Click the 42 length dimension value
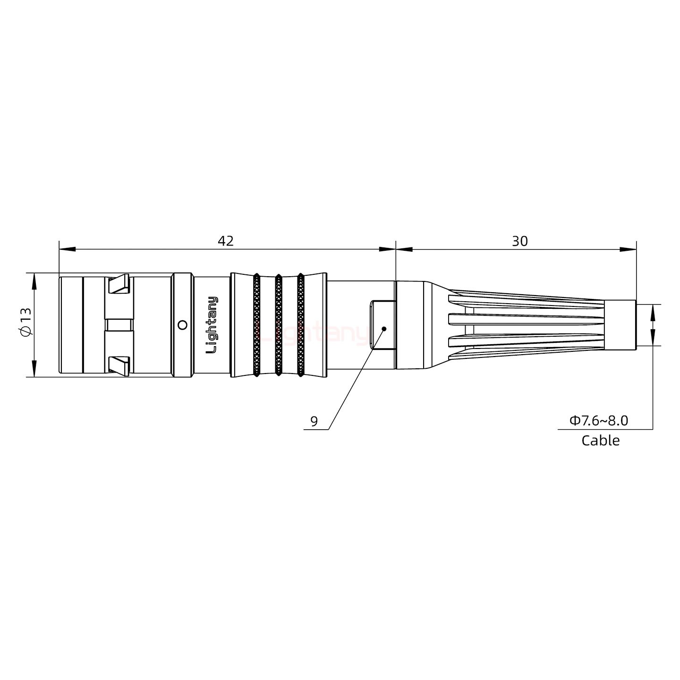point(225,241)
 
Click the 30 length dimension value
point(519,241)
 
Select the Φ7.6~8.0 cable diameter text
point(598,420)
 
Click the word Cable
point(600,441)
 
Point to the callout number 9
point(314,421)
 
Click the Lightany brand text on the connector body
point(213,325)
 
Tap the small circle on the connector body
point(182,324)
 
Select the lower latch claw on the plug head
point(119,366)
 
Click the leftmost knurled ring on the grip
point(256,325)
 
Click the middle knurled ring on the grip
point(278,325)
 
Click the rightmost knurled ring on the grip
point(300,325)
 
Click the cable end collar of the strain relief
point(620,325)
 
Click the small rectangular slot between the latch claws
point(119,324)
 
